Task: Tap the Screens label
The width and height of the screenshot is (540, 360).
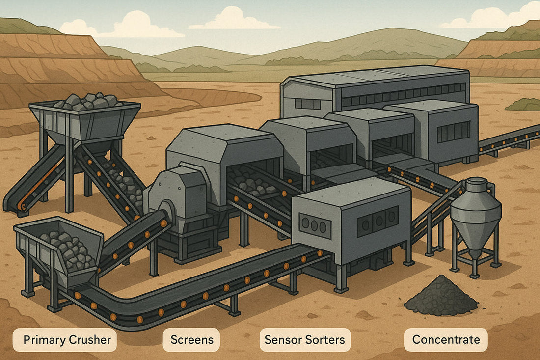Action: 191,339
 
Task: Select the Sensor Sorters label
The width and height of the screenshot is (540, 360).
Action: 304,339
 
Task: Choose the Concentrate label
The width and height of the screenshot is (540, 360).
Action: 445,339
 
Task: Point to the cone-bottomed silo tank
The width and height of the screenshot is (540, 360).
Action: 475,216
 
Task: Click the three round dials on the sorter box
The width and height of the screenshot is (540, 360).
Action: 315,225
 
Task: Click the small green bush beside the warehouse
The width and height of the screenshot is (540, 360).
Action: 524,105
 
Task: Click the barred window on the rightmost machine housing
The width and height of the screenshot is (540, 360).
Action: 453,132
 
